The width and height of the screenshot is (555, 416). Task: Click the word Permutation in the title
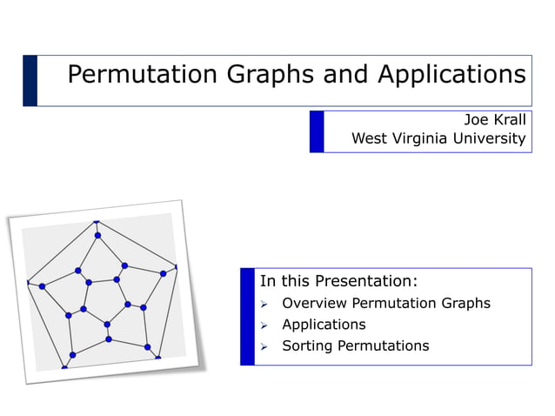[144, 75]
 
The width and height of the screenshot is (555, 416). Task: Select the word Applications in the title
[451, 75]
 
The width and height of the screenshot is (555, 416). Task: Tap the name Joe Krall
[494, 120]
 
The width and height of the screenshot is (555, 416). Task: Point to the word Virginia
[424, 138]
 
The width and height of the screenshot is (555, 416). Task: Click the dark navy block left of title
[30, 80]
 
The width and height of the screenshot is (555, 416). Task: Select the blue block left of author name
[317, 131]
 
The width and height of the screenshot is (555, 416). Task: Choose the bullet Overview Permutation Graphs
[385, 303]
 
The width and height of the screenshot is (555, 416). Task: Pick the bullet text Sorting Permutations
[355, 346]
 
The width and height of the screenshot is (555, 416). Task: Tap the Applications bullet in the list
[324, 324]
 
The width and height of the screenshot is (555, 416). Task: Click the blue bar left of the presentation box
[247, 316]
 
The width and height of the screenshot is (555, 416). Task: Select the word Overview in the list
[315, 303]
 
